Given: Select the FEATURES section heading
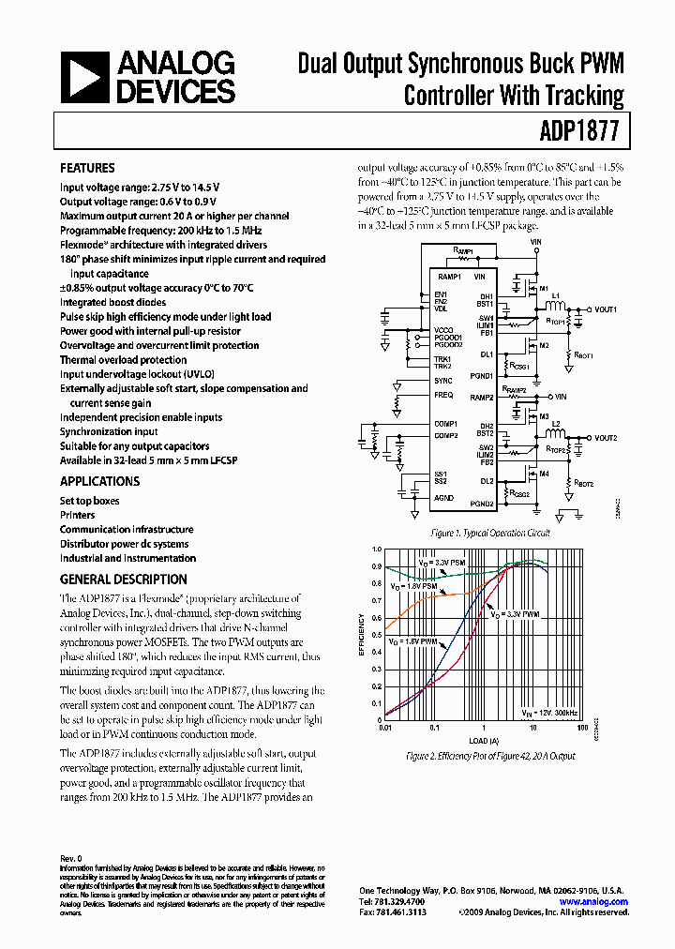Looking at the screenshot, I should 87,169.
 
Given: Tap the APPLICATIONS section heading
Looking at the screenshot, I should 99,481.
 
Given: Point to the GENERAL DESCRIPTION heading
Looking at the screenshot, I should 123,580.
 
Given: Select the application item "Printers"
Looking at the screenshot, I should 77,515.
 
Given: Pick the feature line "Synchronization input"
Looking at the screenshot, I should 109,431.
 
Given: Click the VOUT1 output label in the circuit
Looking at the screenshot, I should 606,309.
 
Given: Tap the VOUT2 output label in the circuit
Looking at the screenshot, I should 606,438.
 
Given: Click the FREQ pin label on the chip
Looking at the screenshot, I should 443,395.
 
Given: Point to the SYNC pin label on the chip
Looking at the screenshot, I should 443,381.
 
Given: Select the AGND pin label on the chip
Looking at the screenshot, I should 444,498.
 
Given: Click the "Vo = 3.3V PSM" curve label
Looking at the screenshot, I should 442,563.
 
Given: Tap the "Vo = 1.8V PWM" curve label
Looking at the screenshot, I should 415,642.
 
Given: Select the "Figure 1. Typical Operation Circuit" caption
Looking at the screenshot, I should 489,533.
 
